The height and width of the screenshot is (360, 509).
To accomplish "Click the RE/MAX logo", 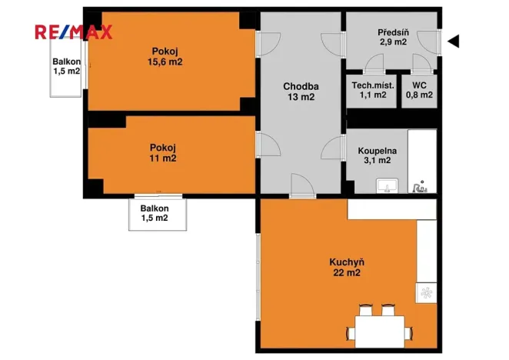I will click(74, 32).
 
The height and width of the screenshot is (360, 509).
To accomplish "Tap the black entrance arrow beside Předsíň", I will click(454, 41).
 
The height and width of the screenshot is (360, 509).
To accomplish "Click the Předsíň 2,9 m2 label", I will click(392, 37).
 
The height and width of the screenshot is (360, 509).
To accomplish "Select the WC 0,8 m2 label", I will click(419, 91).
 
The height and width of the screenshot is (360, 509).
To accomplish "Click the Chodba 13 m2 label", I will click(300, 92).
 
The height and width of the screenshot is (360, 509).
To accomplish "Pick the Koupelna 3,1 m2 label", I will click(375, 155).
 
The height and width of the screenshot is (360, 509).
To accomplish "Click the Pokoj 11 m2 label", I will click(163, 152).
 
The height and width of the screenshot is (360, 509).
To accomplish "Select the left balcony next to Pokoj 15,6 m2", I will click(67, 66).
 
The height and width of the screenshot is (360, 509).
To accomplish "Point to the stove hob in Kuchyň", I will click(425, 292).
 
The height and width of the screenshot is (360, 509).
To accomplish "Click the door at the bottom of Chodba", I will click(301, 185).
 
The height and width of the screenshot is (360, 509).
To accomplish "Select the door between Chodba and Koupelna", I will click(334, 145).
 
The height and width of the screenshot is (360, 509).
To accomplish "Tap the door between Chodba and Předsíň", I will click(331, 45).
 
